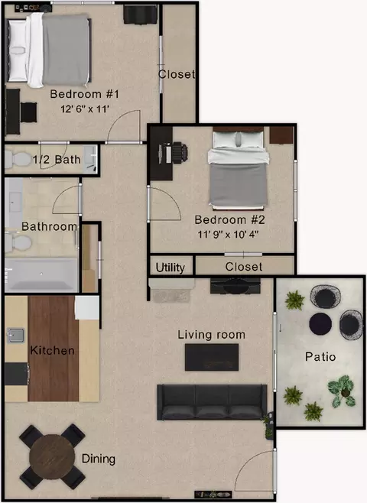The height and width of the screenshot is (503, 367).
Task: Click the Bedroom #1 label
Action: click(x=84, y=94)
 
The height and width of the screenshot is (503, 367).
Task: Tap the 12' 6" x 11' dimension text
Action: click(x=85, y=109)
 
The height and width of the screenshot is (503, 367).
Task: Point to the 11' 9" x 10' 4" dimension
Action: click(x=228, y=234)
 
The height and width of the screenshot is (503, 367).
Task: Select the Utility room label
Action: click(x=171, y=268)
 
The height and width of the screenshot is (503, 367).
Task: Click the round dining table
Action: click(x=52, y=457)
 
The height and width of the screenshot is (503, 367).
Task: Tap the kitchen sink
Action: click(x=15, y=336)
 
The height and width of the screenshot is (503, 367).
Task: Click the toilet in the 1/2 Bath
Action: click(x=18, y=159)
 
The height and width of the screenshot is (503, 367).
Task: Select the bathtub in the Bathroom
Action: click(x=41, y=274)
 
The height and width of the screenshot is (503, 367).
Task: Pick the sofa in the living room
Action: click(x=212, y=402)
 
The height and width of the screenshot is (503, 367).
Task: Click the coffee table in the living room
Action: click(x=212, y=357)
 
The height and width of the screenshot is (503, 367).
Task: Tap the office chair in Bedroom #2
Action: click(x=180, y=152)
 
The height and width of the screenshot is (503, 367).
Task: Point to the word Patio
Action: click(x=320, y=357)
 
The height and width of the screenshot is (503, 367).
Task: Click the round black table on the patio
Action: click(x=320, y=324)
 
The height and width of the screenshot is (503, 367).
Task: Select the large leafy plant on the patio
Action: click(x=342, y=391)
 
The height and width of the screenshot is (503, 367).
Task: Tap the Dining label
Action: click(x=99, y=459)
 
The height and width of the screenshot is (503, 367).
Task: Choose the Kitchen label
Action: click(x=52, y=350)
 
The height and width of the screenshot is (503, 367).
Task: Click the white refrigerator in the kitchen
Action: click(x=87, y=307)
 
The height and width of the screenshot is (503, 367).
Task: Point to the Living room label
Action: click(x=212, y=335)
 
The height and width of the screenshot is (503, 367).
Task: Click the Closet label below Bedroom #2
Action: click(x=243, y=267)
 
